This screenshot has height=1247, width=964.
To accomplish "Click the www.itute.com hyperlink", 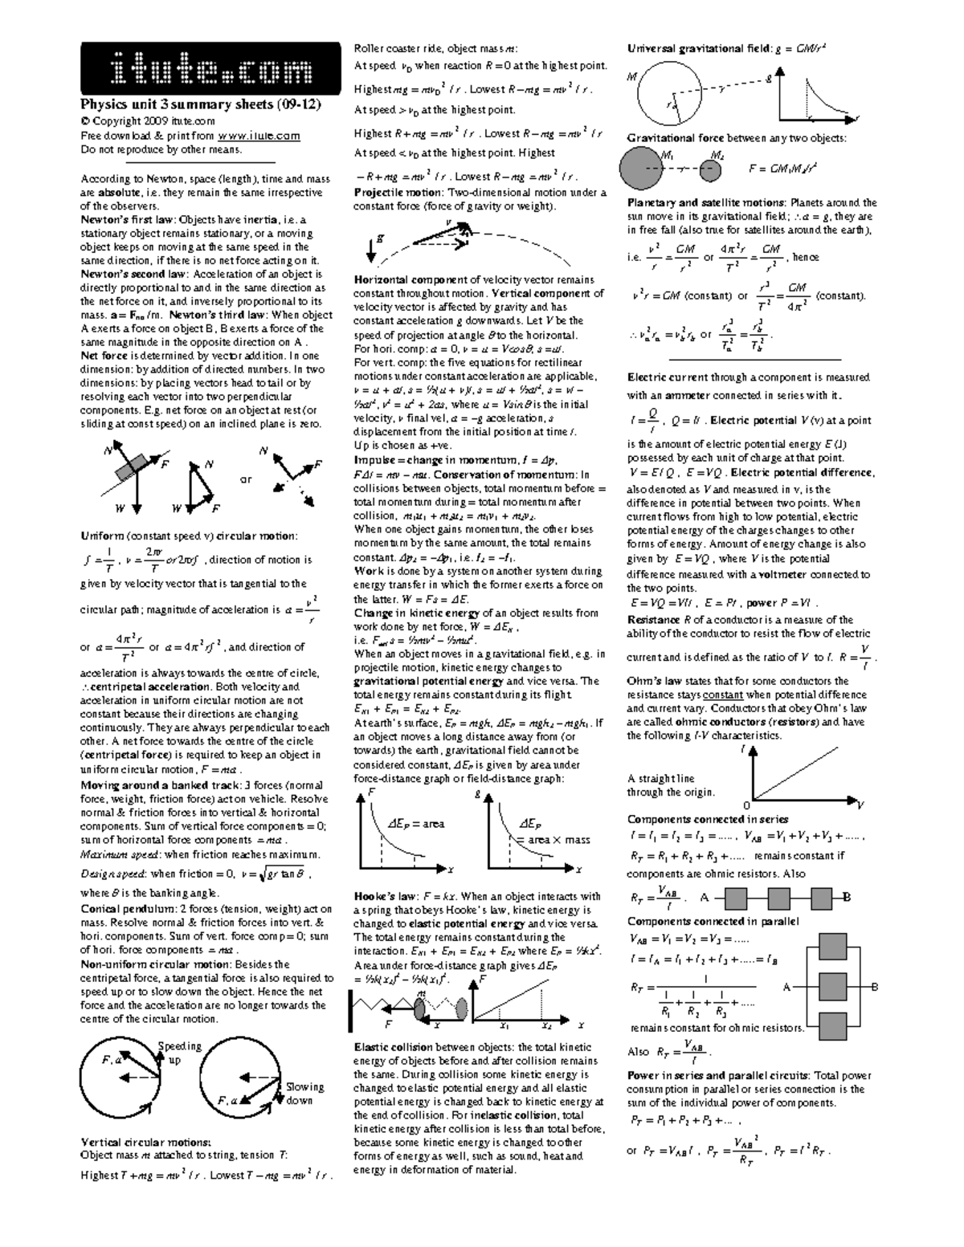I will click(x=259, y=136).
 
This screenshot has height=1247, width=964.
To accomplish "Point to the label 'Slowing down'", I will click(x=304, y=1093).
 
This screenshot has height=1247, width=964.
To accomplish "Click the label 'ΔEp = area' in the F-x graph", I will click(x=415, y=824).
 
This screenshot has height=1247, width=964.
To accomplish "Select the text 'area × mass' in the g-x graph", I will click(x=553, y=840).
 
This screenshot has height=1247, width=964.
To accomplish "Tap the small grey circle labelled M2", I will click(x=711, y=169).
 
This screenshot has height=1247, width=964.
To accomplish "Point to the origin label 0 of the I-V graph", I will click(x=746, y=805).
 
